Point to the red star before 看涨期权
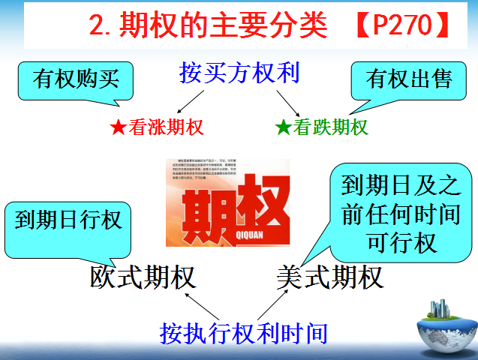click(117, 127)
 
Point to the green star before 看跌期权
click(283, 127)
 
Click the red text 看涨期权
click(166, 127)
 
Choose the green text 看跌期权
click(331, 127)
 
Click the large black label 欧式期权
click(143, 277)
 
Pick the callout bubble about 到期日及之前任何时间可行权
click(400, 212)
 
